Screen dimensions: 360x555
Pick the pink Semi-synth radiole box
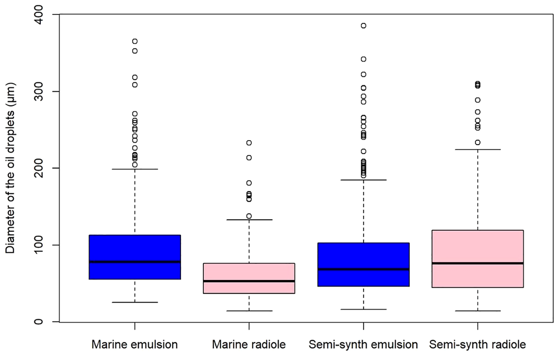(477, 247)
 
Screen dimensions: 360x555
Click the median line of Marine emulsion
(135, 262)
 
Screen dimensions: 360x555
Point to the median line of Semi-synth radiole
(477, 263)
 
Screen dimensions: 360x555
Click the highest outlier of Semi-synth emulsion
(363, 26)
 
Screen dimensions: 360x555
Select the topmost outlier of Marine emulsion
(135, 42)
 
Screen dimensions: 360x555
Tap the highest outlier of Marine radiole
(249, 143)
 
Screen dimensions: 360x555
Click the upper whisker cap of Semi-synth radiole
(477, 149)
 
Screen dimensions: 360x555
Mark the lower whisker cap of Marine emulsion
(135, 302)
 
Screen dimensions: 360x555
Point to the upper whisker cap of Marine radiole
(249, 220)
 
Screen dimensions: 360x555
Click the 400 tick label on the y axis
(39, 15)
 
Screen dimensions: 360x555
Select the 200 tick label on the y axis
(39, 168)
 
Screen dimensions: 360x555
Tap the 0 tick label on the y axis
(39, 322)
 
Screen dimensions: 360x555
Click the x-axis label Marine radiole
(249, 345)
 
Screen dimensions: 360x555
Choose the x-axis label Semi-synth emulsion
(363, 345)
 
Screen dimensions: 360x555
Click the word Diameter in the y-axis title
(10, 233)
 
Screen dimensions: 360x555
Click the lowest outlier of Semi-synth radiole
(477, 143)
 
